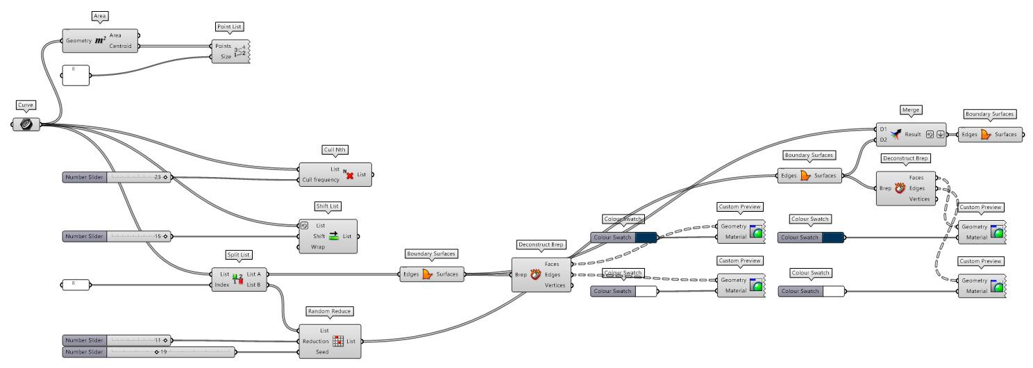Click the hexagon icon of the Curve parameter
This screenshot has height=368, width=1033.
tap(26, 124)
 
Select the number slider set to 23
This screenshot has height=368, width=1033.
tap(115, 177)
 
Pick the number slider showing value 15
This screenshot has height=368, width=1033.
tap(115, 236)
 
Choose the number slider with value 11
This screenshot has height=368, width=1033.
tap(115, 340)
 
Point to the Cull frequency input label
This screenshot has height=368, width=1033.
tap(321, 180)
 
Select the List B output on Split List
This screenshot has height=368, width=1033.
tap(254, 285)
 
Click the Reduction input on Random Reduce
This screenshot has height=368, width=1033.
tap(315, 341)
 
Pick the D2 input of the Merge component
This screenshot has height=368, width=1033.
tap(883, 140)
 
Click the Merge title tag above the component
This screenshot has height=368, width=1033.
tap(909, 110)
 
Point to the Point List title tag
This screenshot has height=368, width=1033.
tap(230, 26)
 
